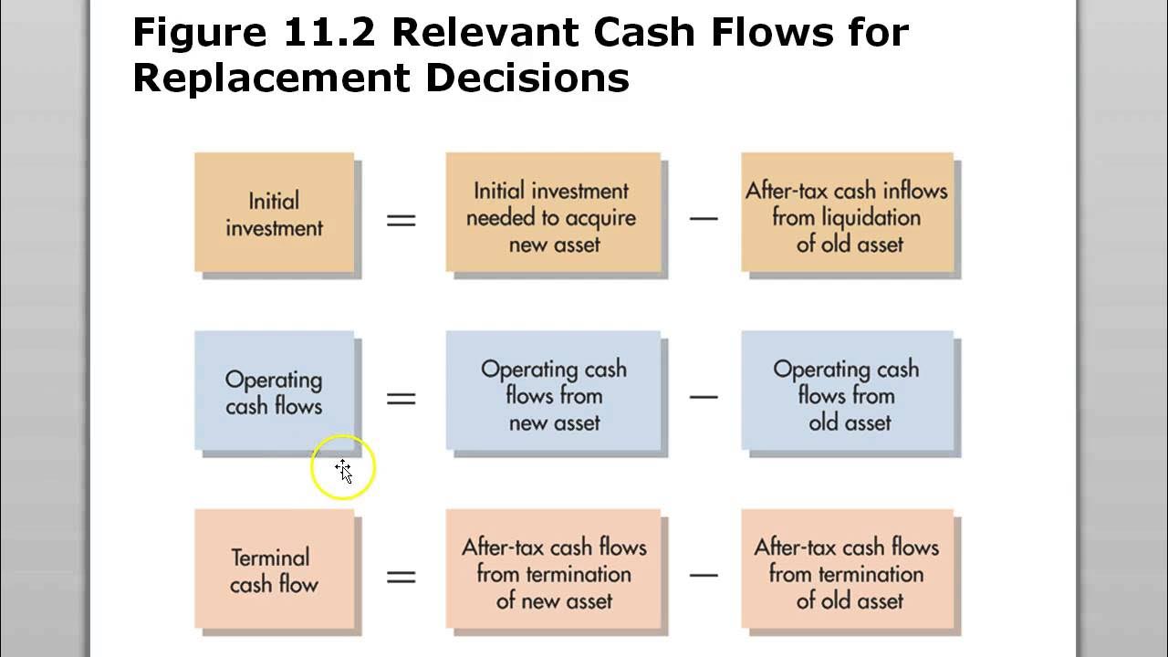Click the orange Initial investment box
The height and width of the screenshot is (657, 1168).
274,214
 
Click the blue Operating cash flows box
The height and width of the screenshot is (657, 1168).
274,391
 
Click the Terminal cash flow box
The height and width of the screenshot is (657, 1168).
274,570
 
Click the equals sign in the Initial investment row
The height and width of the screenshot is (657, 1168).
401,220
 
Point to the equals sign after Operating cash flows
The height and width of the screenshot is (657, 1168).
401,398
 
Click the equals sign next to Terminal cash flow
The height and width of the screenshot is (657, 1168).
401,577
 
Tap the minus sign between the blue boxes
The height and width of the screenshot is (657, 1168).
704,397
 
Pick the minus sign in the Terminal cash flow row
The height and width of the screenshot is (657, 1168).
704,576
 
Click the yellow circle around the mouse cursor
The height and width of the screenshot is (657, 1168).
342,467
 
